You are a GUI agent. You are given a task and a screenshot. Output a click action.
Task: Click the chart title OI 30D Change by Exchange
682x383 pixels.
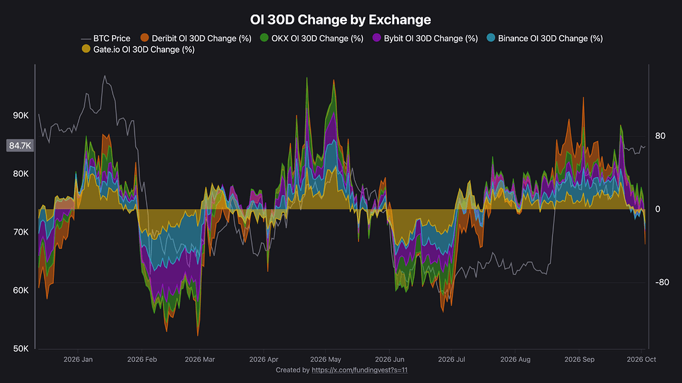click(x=340, y=19)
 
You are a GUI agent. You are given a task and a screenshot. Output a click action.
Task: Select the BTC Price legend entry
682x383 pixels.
click(x=106, y=38)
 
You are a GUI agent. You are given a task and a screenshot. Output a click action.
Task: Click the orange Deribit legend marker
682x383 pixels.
click(x=145, y=38)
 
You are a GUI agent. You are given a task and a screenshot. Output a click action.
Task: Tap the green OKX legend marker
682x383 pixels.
click(x=264, y=38)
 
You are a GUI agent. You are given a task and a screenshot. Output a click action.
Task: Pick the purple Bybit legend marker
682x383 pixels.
click(x=377, y=38)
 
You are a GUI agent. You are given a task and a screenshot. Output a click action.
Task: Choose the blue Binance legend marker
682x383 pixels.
click(x=491, y=38)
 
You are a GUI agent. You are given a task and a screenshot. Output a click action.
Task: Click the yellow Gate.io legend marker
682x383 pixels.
click(x=86, y=49)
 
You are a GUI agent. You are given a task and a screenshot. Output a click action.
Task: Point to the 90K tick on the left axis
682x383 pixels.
click(x=21, y=116)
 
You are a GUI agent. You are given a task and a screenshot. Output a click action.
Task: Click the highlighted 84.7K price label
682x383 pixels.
click(x=20, y=146)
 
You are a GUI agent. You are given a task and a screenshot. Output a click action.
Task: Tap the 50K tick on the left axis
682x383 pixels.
click(x=21, y=348)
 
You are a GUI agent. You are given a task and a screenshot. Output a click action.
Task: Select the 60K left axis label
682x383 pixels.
click(x=21, y=291)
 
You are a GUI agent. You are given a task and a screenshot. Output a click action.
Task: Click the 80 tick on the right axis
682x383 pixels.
click(x=660, y=136)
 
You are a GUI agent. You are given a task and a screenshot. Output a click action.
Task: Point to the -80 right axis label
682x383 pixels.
click(x=662, y=282)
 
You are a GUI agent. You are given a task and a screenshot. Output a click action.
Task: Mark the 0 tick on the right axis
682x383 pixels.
click(x=657, y=209)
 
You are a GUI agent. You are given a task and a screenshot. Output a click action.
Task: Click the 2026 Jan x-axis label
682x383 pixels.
click(x=78, y=360)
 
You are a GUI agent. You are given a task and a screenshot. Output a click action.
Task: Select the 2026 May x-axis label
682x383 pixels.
click(x=325, y=360)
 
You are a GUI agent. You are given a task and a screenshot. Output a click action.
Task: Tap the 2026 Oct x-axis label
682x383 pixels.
click(x=641, y=360)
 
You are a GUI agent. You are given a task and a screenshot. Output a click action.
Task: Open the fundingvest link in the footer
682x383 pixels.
click(x=360, y=370)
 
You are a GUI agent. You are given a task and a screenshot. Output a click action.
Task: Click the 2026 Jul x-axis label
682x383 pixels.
click(x=452, y=360)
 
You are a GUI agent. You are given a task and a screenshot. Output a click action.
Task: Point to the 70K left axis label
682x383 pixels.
click(x=21, y=232)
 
